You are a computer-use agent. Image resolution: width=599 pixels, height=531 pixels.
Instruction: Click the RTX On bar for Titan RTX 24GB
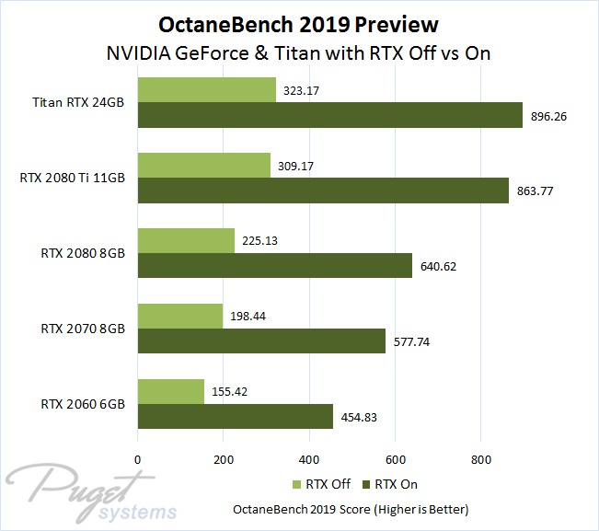click(x=329, y=114)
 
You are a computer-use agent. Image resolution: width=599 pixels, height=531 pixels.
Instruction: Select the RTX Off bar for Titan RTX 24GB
click(x=207, y=89)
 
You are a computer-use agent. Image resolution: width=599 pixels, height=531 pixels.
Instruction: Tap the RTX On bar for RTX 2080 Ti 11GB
click(x=323, y=190)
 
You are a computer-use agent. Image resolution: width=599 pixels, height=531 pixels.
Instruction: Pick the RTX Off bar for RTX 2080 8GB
click(x=186, y=240)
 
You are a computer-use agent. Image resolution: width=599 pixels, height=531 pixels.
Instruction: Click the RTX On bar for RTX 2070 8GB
click(x=261, y=341)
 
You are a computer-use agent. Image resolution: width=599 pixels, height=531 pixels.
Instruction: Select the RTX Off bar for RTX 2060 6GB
click(x=171, y=391)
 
